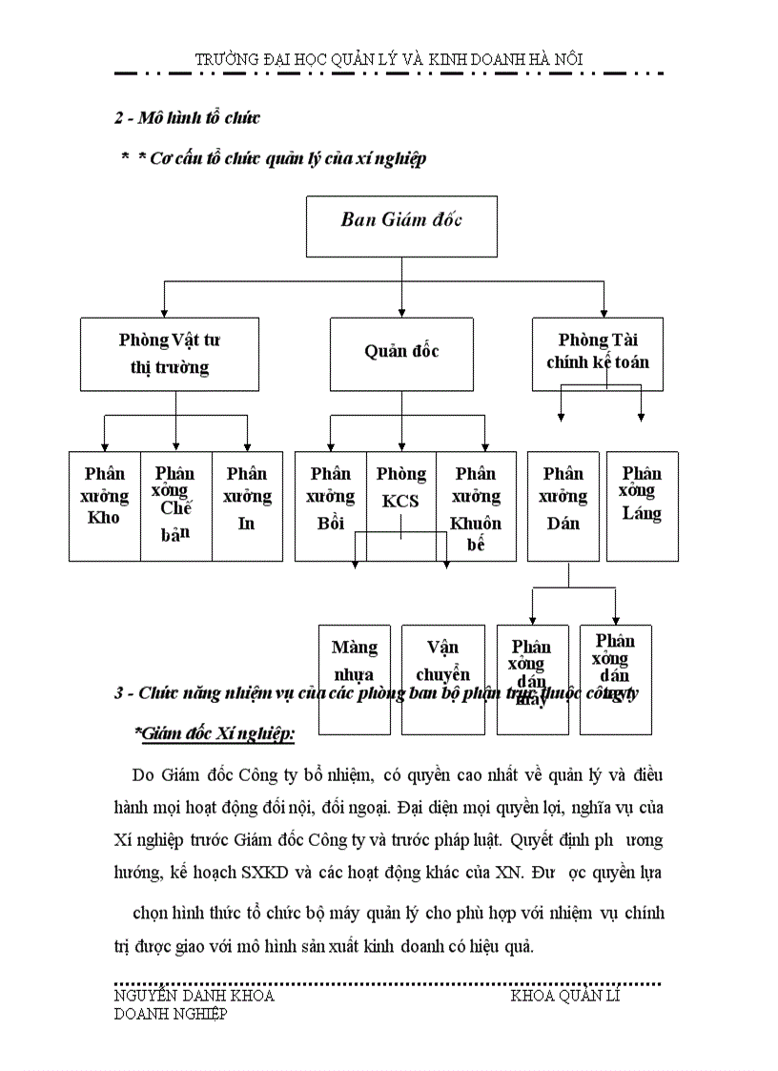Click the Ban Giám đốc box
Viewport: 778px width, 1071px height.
[401, 226]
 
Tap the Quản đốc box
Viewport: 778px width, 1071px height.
[401, 354]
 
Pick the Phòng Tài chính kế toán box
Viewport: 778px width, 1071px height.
[598, 354]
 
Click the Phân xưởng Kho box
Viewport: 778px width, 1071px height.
[105, 505]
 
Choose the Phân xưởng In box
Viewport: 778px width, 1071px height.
[247, 505]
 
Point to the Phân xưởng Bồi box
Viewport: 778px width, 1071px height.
[330, 505]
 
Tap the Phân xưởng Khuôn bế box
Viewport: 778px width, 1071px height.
[476, 505]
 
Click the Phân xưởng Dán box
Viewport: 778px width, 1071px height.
[563, 505]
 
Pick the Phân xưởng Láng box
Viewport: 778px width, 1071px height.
[642, 505]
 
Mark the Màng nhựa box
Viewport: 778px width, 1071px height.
[354, 658]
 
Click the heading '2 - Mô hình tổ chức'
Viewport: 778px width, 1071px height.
[187, 118]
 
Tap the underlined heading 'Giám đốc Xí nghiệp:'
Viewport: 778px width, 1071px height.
[215, 732]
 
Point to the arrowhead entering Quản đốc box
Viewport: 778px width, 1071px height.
[401, 313]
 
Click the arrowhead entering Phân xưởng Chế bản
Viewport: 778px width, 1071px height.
[176, 446]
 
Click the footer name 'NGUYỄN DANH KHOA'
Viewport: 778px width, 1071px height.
[194, 996]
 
